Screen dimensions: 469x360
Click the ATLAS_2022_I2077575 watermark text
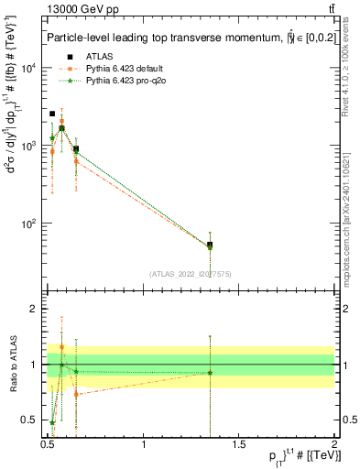[190, 273]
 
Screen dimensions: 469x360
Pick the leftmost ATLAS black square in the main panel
[52, 114]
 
